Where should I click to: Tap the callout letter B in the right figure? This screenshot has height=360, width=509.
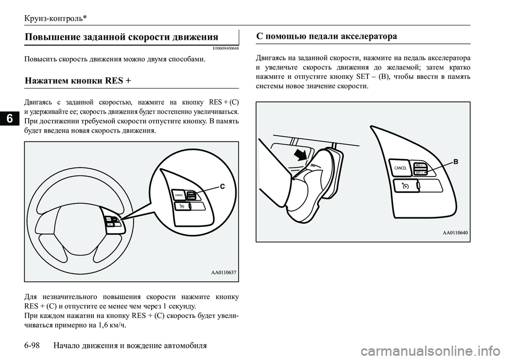(455, 163)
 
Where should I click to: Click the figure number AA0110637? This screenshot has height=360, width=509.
(223, 273)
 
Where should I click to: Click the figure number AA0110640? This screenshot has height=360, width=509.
(455, 232)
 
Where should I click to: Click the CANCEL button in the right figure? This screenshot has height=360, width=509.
(400, 168)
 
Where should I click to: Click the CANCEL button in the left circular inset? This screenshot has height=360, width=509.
(179, 195)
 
